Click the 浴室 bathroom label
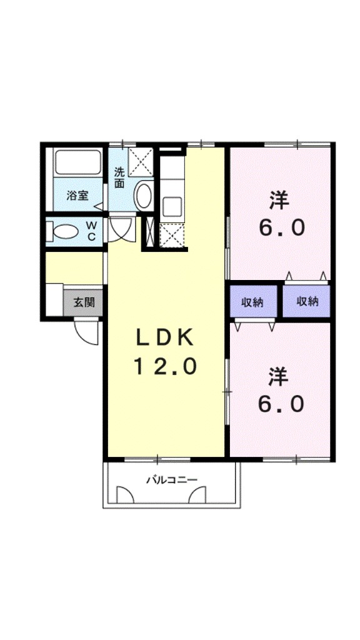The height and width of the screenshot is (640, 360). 77,195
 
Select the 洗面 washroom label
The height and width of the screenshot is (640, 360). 119,177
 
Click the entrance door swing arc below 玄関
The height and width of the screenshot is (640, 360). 87,331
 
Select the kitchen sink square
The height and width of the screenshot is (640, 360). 171,206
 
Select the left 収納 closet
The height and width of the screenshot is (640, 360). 252,302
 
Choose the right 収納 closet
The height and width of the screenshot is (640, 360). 307,301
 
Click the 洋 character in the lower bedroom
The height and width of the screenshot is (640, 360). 279,377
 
